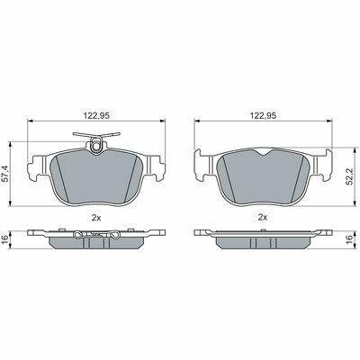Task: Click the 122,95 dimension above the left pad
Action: tap(96, 115)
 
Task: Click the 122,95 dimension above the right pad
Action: tap(264, 115)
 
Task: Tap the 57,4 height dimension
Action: tap(5, 174)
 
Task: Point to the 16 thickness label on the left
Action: tap(5, 239)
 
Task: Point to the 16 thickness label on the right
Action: tap(348, 239)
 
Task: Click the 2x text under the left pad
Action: tap(96, 218)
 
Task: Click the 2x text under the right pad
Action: tap(263, 218)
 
